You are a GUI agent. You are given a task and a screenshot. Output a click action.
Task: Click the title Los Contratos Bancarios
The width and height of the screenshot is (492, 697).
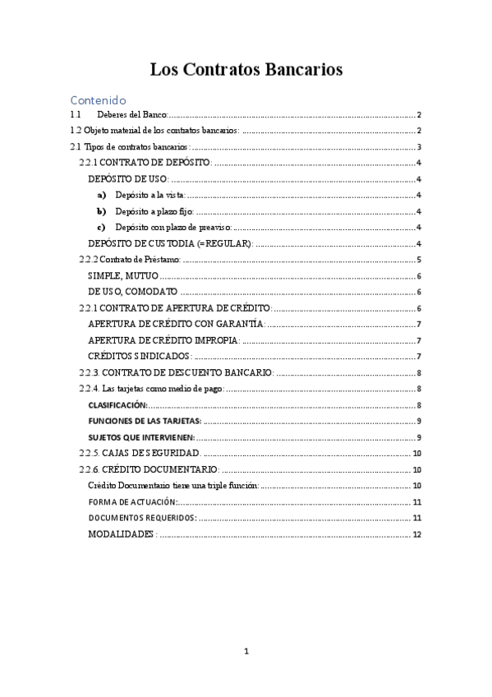tap(246, 70)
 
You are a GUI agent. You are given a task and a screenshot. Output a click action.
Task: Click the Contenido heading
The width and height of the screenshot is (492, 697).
tap(99, 99)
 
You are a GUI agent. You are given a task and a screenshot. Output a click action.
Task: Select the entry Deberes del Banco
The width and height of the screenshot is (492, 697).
tap(131, 115)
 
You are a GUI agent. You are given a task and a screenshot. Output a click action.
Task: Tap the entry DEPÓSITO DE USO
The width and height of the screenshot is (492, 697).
tap(128, 179)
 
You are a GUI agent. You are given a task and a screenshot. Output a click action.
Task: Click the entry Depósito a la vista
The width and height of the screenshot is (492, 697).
tap(150, 195)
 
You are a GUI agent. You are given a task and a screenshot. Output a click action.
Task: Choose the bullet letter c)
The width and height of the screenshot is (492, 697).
tap(101, 227)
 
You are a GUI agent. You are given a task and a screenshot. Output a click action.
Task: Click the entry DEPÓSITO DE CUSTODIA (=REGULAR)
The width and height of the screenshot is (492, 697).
tap(170, 243)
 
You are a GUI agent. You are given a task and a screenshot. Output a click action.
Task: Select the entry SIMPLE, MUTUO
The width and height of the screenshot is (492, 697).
tap(123, 276)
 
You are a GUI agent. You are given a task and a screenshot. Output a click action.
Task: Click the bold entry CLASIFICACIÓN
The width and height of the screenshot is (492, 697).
tap(117, 404)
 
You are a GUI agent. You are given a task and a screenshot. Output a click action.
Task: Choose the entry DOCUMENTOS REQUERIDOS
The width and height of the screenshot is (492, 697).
tap(141, 518)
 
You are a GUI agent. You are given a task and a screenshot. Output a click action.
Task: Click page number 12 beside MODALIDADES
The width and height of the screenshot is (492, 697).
tap(416, 534)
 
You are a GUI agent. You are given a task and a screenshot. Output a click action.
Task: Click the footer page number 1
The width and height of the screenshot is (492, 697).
tap(246, 652)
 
